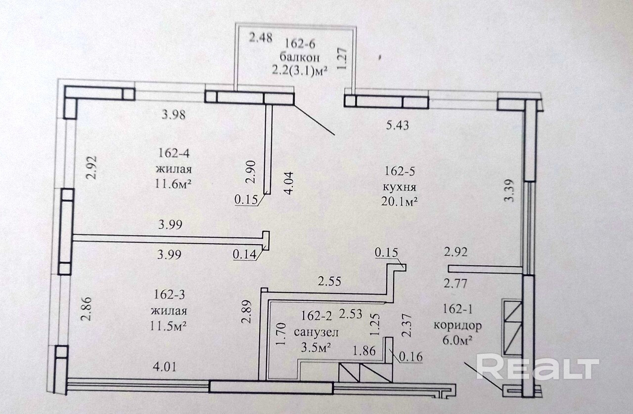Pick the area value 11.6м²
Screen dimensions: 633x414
[x=173, y=184]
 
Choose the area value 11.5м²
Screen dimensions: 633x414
[x=170, y=327]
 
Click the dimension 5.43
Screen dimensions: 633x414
[x=398, y=125]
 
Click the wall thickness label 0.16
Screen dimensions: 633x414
[x=408, y=355]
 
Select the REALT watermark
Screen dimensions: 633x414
[x=538, y=367]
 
